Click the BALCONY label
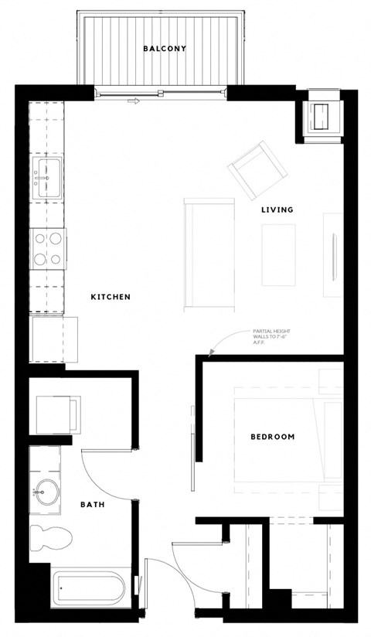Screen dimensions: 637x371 165,49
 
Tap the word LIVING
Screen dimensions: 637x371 277,209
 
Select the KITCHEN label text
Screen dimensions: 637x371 110,297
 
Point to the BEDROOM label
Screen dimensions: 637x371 273,437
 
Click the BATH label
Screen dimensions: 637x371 93,505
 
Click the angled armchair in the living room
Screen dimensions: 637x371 255,169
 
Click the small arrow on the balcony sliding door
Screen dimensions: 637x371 135,100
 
